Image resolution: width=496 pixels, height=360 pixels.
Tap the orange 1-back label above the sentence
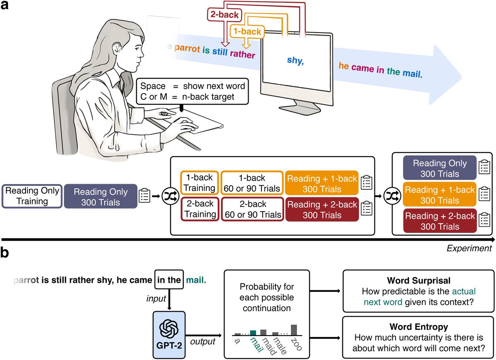point(247,32)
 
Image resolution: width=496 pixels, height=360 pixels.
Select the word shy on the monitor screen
point(294,61)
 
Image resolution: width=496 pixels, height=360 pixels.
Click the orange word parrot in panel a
point(187,49)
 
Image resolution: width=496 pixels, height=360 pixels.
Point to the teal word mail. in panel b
point(196,280)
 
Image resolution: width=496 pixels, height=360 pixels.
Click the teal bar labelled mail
point(253,332)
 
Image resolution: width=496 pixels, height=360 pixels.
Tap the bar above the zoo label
point(294,329)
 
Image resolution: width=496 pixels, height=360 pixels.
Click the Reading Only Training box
point(32,196)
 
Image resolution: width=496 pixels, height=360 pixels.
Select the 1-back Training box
point(199,183)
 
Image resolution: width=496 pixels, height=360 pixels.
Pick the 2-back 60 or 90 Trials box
point(253,209)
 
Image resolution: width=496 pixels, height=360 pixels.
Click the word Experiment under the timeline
point(469,248)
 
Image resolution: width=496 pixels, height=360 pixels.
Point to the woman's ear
point(116,49)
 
